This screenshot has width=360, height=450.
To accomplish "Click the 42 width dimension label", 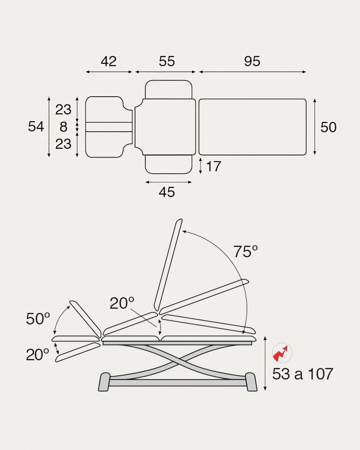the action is (x=108, y=61).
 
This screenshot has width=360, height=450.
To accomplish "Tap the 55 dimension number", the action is (x=167, y=61).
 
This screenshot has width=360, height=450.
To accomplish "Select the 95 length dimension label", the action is (x=252, y=61).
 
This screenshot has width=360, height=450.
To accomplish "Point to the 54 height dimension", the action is (x=36, y=127).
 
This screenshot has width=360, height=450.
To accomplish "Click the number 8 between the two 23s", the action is (x=63, y=127).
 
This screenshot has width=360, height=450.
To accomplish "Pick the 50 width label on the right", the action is (x=328, y=127).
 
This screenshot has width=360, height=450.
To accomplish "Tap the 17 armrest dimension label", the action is (x=214, y=166).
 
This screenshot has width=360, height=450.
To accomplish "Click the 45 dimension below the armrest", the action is (x=167, y=192).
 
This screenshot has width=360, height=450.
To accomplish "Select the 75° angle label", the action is (x=245, y=252).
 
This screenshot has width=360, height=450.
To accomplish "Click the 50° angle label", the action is (x=38, y=319).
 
